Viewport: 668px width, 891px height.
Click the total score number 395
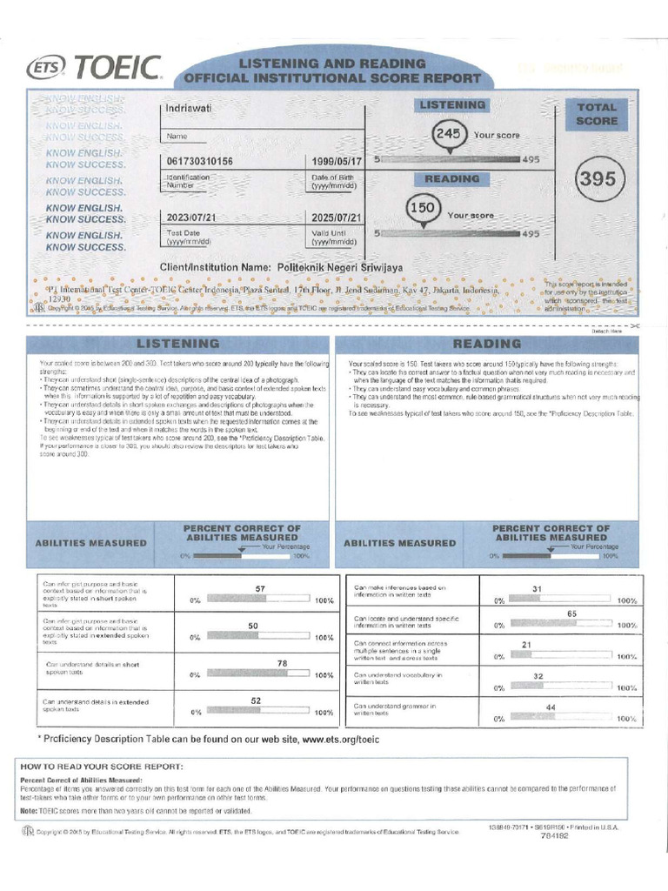(597, 179)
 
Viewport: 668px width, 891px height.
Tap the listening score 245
(449, 135)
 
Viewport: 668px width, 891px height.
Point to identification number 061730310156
(198, 161)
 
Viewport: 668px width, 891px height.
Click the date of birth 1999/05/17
(337, 161)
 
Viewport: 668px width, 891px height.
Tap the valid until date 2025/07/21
(337, 218)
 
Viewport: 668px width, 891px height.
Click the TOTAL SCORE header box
(597, 114)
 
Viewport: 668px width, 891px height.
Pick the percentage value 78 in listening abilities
(282, 663)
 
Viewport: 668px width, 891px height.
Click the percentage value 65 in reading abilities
(571, 613)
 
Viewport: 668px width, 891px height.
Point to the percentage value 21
(526, 644)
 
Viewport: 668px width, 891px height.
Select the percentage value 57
(260, 589)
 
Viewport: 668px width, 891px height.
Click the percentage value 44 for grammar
(551, 707)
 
